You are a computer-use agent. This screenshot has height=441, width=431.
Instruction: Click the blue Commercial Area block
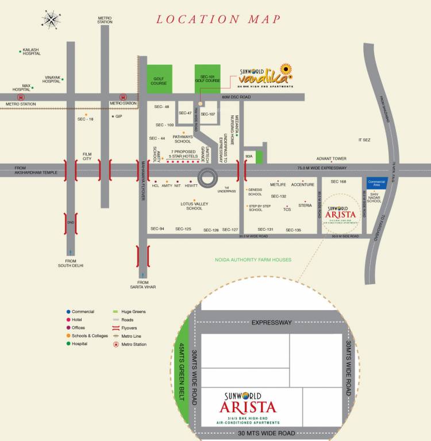tap(376, 183)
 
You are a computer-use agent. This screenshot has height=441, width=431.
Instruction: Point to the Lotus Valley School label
tap(194, 206)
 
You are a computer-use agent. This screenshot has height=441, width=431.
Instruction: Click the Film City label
tap(87, 156)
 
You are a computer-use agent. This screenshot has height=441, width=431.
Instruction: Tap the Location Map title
tap(219, 20)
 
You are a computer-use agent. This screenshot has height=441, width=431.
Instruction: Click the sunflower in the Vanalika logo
tap(287, 70)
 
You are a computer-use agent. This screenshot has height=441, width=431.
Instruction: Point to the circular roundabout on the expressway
tap(208, 177)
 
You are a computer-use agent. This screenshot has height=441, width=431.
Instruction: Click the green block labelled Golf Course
tap(160, 79)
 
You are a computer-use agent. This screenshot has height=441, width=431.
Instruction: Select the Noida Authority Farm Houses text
tap(249, 260)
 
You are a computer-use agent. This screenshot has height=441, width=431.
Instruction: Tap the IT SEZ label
tap(365, 140)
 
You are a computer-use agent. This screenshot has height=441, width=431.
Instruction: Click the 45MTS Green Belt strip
tap(184, 374)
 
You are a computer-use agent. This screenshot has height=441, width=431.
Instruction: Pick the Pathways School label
tap(183, 139)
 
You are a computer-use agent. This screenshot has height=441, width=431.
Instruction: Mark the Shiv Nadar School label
tap(375, 198)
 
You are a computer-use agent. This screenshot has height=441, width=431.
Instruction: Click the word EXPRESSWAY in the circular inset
tap(272, 323)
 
